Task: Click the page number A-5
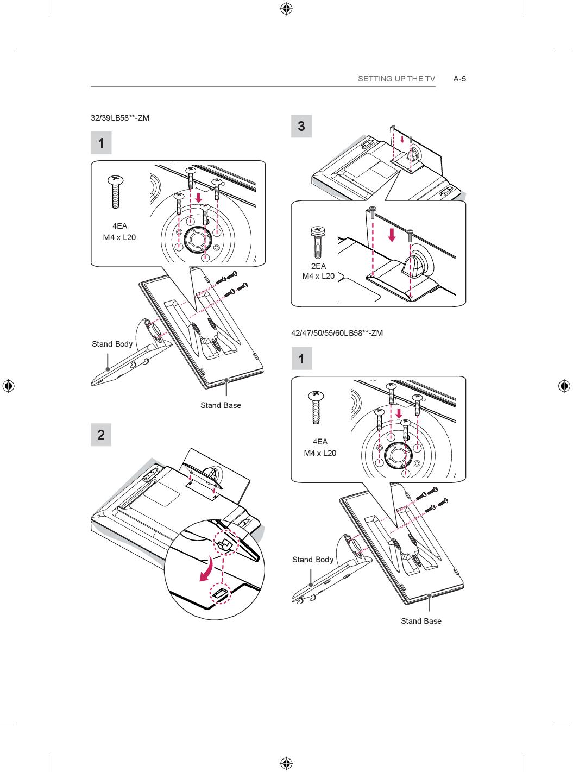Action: [x=459, y=79]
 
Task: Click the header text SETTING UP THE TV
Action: [x=396, y=79]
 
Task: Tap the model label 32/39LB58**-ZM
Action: [x=120, y=118]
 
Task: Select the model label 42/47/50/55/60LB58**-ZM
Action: [x=337, y=333]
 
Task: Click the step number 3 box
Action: [x=301, y=126]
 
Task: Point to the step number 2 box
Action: [x=101, y=435]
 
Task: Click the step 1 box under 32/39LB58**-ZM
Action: [x=102, y=143]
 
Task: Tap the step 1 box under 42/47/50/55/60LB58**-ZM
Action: [x=302, y=358]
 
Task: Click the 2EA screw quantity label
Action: [x=318, y=266]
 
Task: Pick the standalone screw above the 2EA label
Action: [x=318, y=243]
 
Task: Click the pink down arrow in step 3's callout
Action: [x=392, y=235]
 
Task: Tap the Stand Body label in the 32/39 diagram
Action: [x=112, y=344]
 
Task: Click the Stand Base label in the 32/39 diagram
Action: [x=221, y=405]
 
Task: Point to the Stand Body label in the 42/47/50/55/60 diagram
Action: [x=313, y=560]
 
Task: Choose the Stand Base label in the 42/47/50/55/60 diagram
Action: [x=421, y=621]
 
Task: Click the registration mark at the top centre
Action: [x=286, y=9]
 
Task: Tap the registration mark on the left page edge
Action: [x=8, y=386]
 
